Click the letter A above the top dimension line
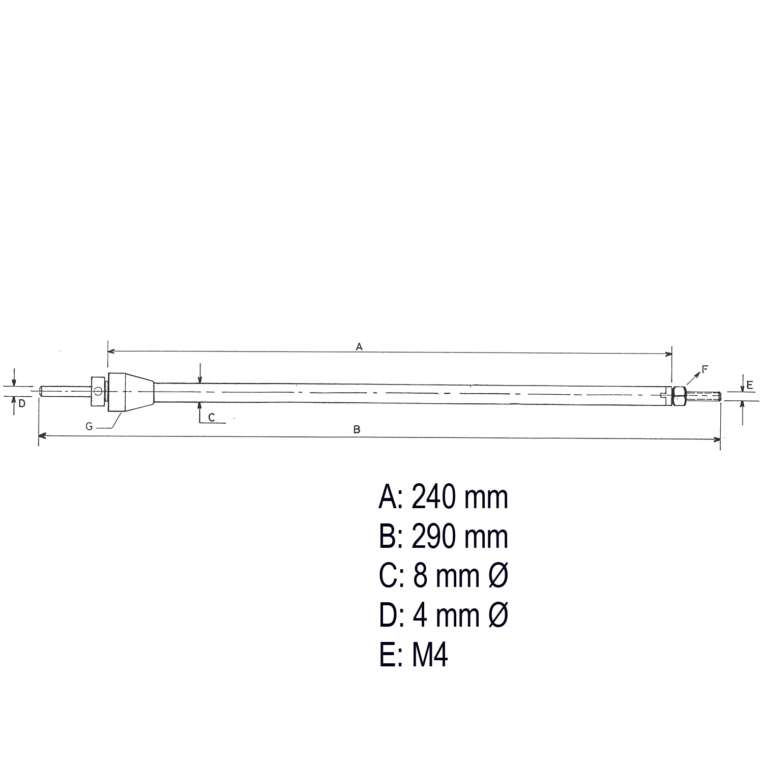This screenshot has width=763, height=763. tap(359, 347)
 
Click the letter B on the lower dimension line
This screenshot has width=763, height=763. tap(357, 430)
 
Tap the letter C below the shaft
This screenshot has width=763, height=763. tap(212, 418)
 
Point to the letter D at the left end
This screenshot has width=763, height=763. tap(22, 404)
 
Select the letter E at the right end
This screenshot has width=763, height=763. tap(750, 386)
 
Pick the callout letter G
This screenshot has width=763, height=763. tap(89, 427)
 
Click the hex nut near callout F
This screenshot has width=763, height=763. tap(680, 396)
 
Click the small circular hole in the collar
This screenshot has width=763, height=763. tap(98, 391)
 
